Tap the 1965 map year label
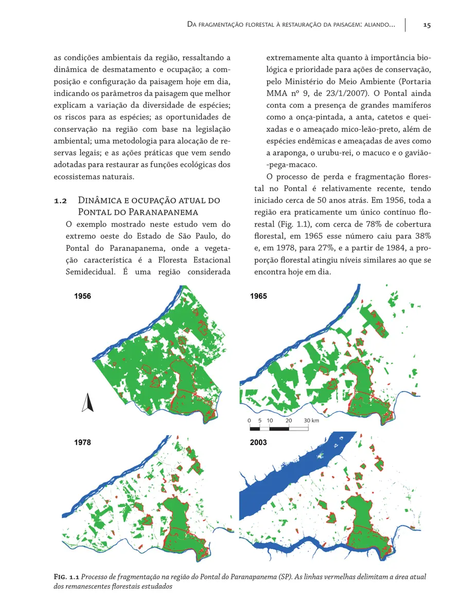[x=259, y=297]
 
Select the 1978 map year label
[x=82, y=442]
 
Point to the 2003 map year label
[x=259, y=442]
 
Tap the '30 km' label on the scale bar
[x=311, y=420]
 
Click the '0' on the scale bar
[x=250, y=420]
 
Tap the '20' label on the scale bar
[x=288, y=420]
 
